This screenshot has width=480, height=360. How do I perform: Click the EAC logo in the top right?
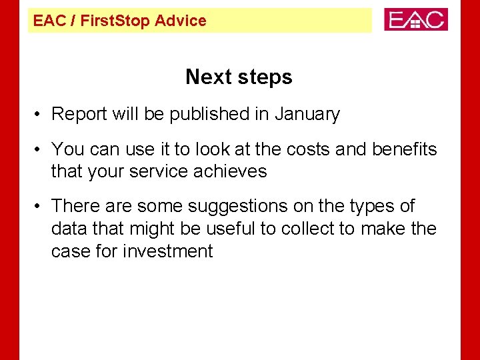(x=415, y=19)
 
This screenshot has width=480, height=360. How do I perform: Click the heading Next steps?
(x=239, y=77)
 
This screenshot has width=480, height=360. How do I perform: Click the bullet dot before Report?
(x=40, y=115)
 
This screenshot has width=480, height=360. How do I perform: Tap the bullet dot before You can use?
(x=40, y=149)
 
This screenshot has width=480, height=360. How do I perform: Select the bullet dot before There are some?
(x=40, y=207)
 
